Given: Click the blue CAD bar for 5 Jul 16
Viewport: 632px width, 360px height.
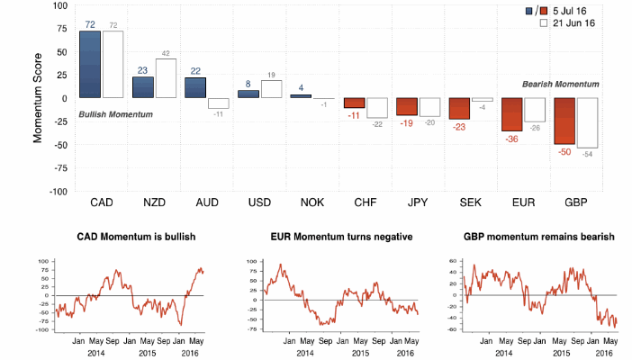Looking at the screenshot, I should (x=89, y=64).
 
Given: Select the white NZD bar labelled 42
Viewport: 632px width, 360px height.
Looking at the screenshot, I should (x=166, y=77).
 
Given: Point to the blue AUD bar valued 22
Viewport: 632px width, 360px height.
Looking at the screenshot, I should (x=194, y=87).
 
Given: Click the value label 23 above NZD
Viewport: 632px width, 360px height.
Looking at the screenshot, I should (x=142, y=70).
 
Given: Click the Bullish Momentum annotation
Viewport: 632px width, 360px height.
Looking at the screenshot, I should (x=115, y=114).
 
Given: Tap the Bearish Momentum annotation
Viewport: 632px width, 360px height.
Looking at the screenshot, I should (x=561, y=84).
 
